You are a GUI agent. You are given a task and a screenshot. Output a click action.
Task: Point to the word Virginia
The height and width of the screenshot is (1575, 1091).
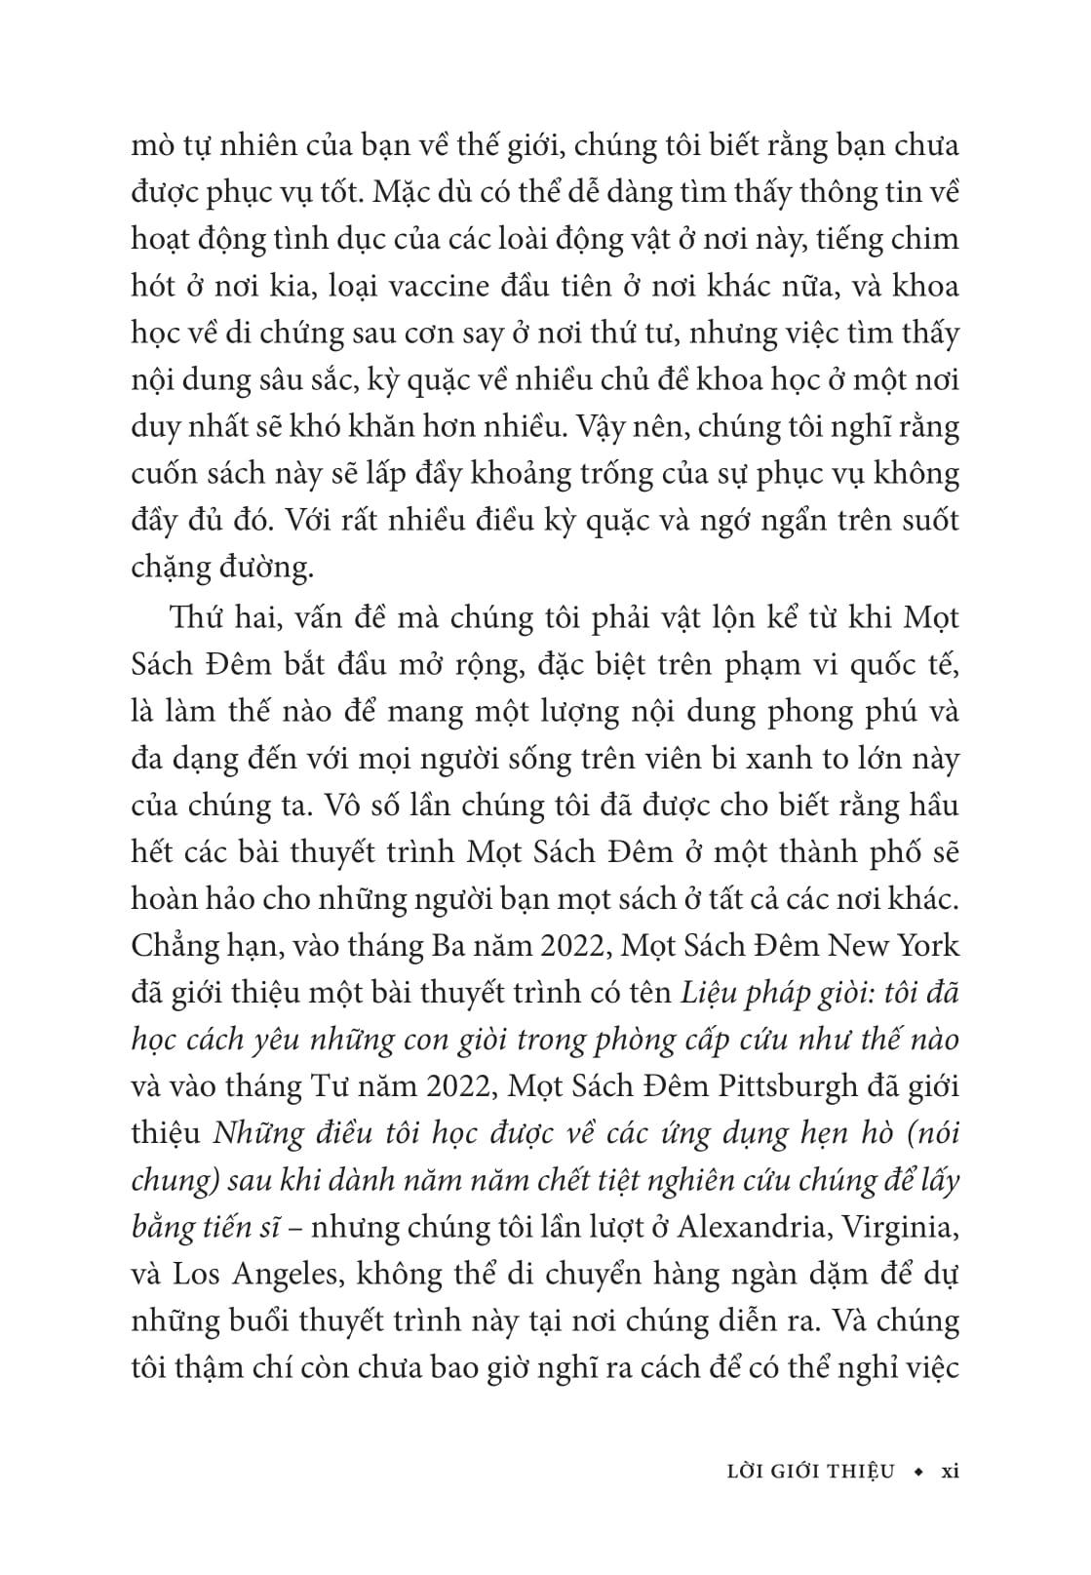coord(896,1227)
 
